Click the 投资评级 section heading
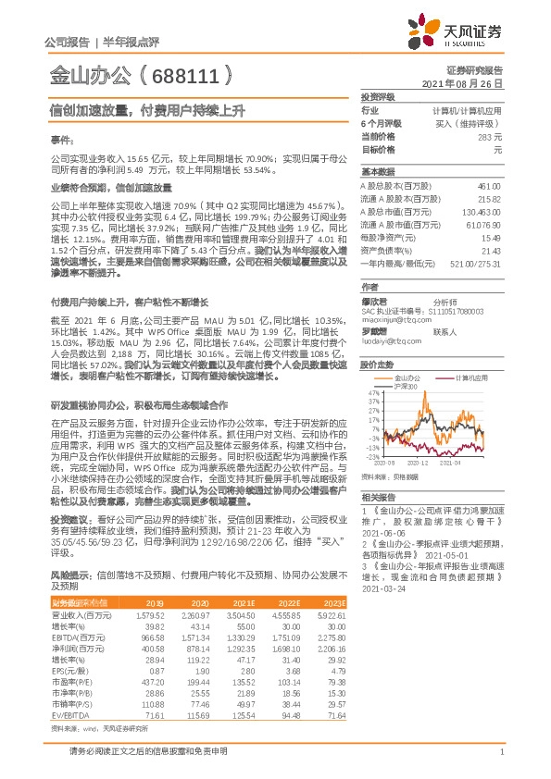coord(378,96)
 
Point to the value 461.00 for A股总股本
coord(488,186)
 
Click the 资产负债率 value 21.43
coord(490,251)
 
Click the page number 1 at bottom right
coord(500,752)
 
